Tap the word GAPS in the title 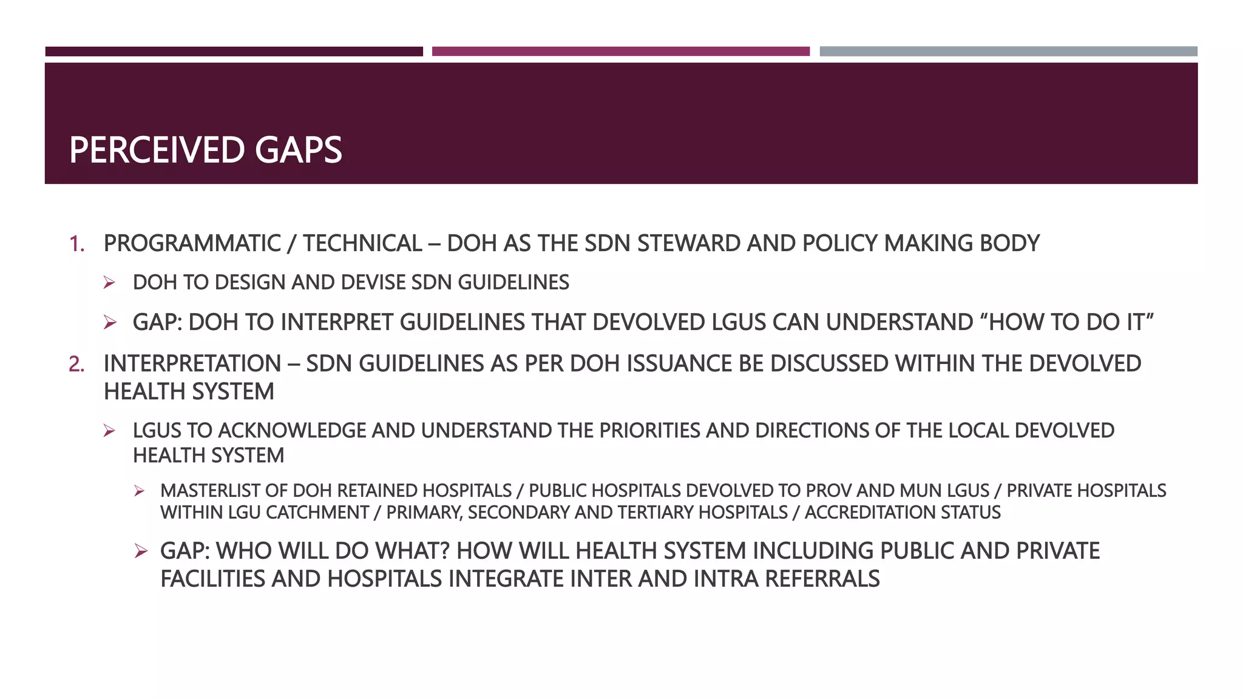click(x=298, y=150)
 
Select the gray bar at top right click(x=1008, y=52)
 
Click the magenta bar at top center click(x=620, y=52)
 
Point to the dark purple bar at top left click(x=234, y=52)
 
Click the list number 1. click(x=76, y=244)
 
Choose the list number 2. click(x=76, y=364)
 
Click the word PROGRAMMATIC click(x=192, y=243)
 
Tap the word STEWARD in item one click(x=689, y=243)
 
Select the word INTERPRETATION click(x=192, y=363)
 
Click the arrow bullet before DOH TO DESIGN click(x=109, y=283)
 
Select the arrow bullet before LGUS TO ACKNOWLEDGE click(x=109, y=431)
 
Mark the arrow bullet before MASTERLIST click(x=140, y=491)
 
